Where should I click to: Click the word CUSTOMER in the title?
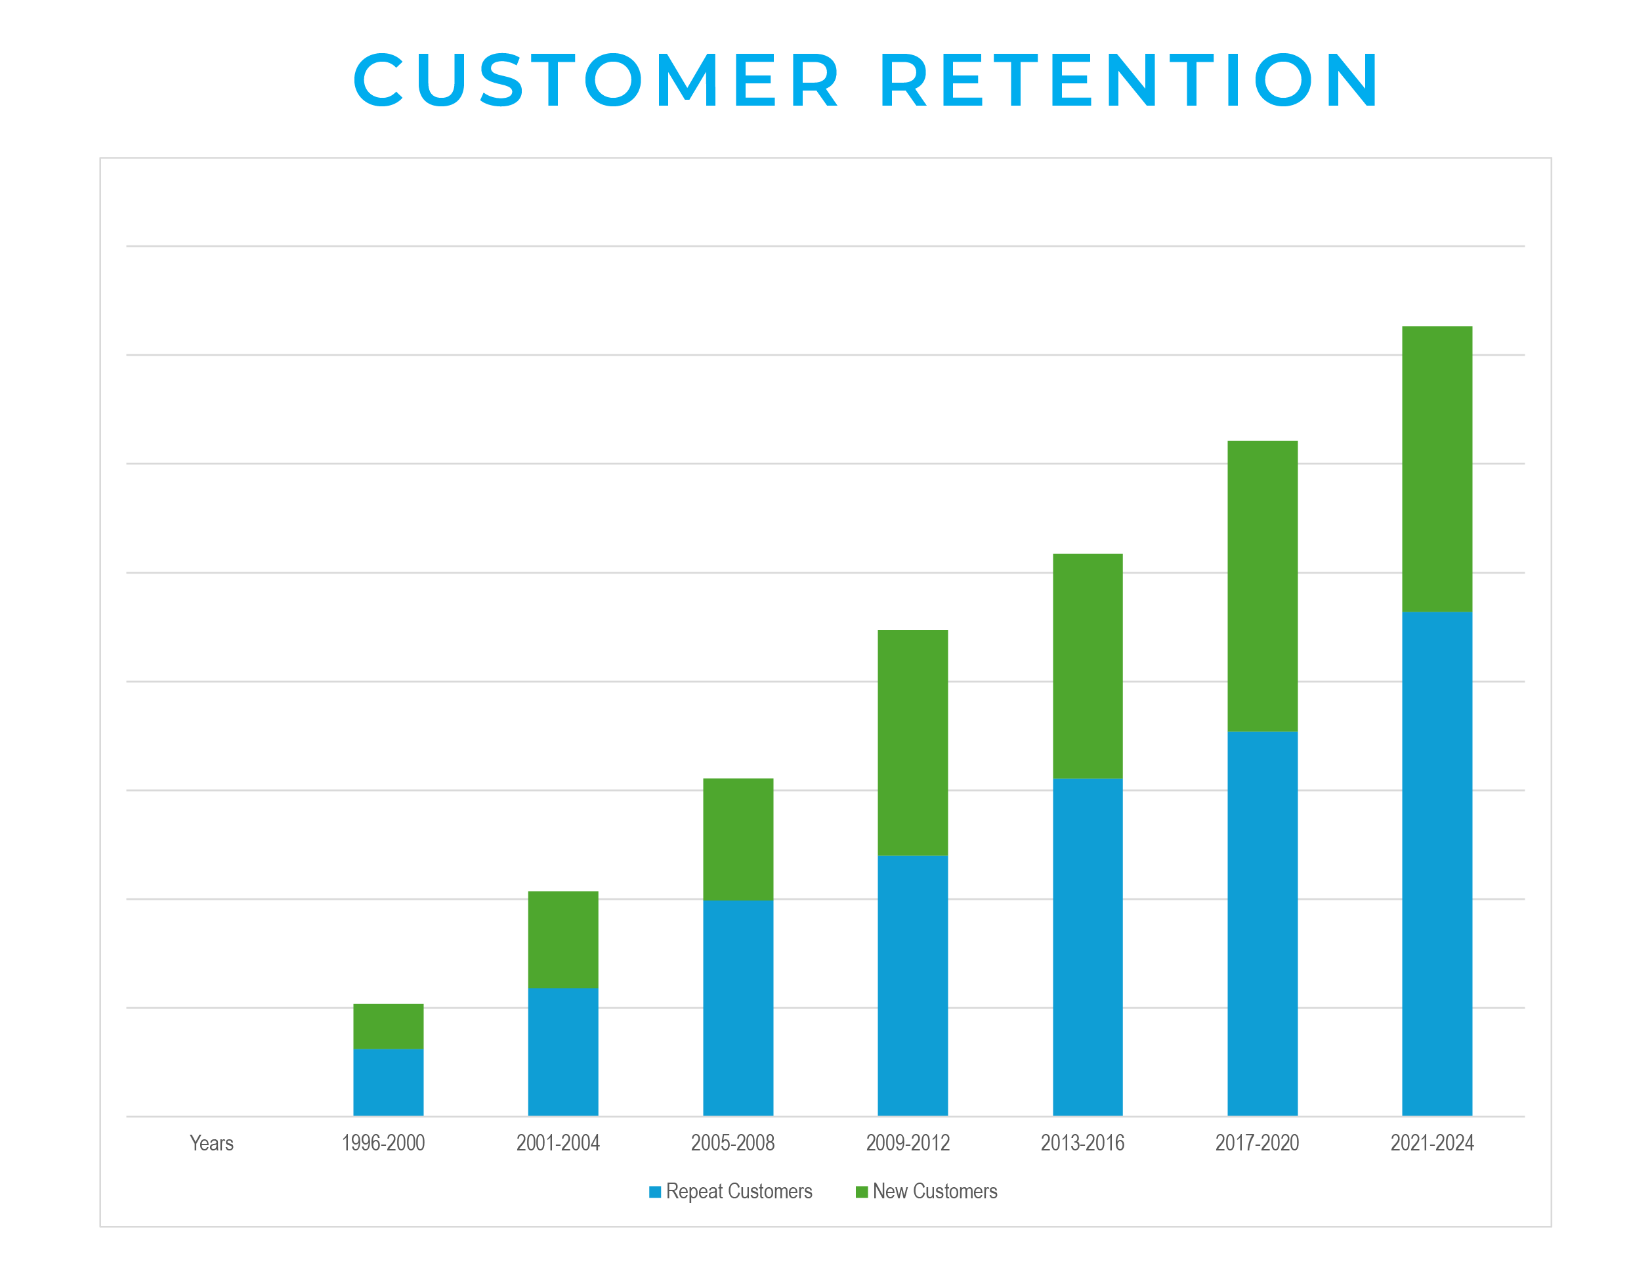tap(595, 80)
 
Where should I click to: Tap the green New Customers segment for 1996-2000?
tap(388, 1026)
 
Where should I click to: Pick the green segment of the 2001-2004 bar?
tap(562, 940)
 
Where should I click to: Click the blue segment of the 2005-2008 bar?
tap(738, 1007)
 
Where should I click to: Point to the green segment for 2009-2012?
tap(912, 742)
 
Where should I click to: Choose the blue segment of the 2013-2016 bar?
tap(1087, 946)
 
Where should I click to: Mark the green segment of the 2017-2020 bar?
tap(1261, 585)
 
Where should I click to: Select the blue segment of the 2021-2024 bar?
tap(1437, 863)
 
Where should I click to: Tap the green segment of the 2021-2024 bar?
tap(1437, 469)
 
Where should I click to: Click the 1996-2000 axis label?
tap(383, 1143)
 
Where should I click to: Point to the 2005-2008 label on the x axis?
tap(732, 1143)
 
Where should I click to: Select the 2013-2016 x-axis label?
tap(1082, 1143)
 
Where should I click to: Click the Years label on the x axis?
tap(211, 1143)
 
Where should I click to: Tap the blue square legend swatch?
tap(655, 1192)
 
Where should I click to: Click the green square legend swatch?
tap(861, 1192)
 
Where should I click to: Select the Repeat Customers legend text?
tap(739, 1192)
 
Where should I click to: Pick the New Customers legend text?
tap(935, 1192)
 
